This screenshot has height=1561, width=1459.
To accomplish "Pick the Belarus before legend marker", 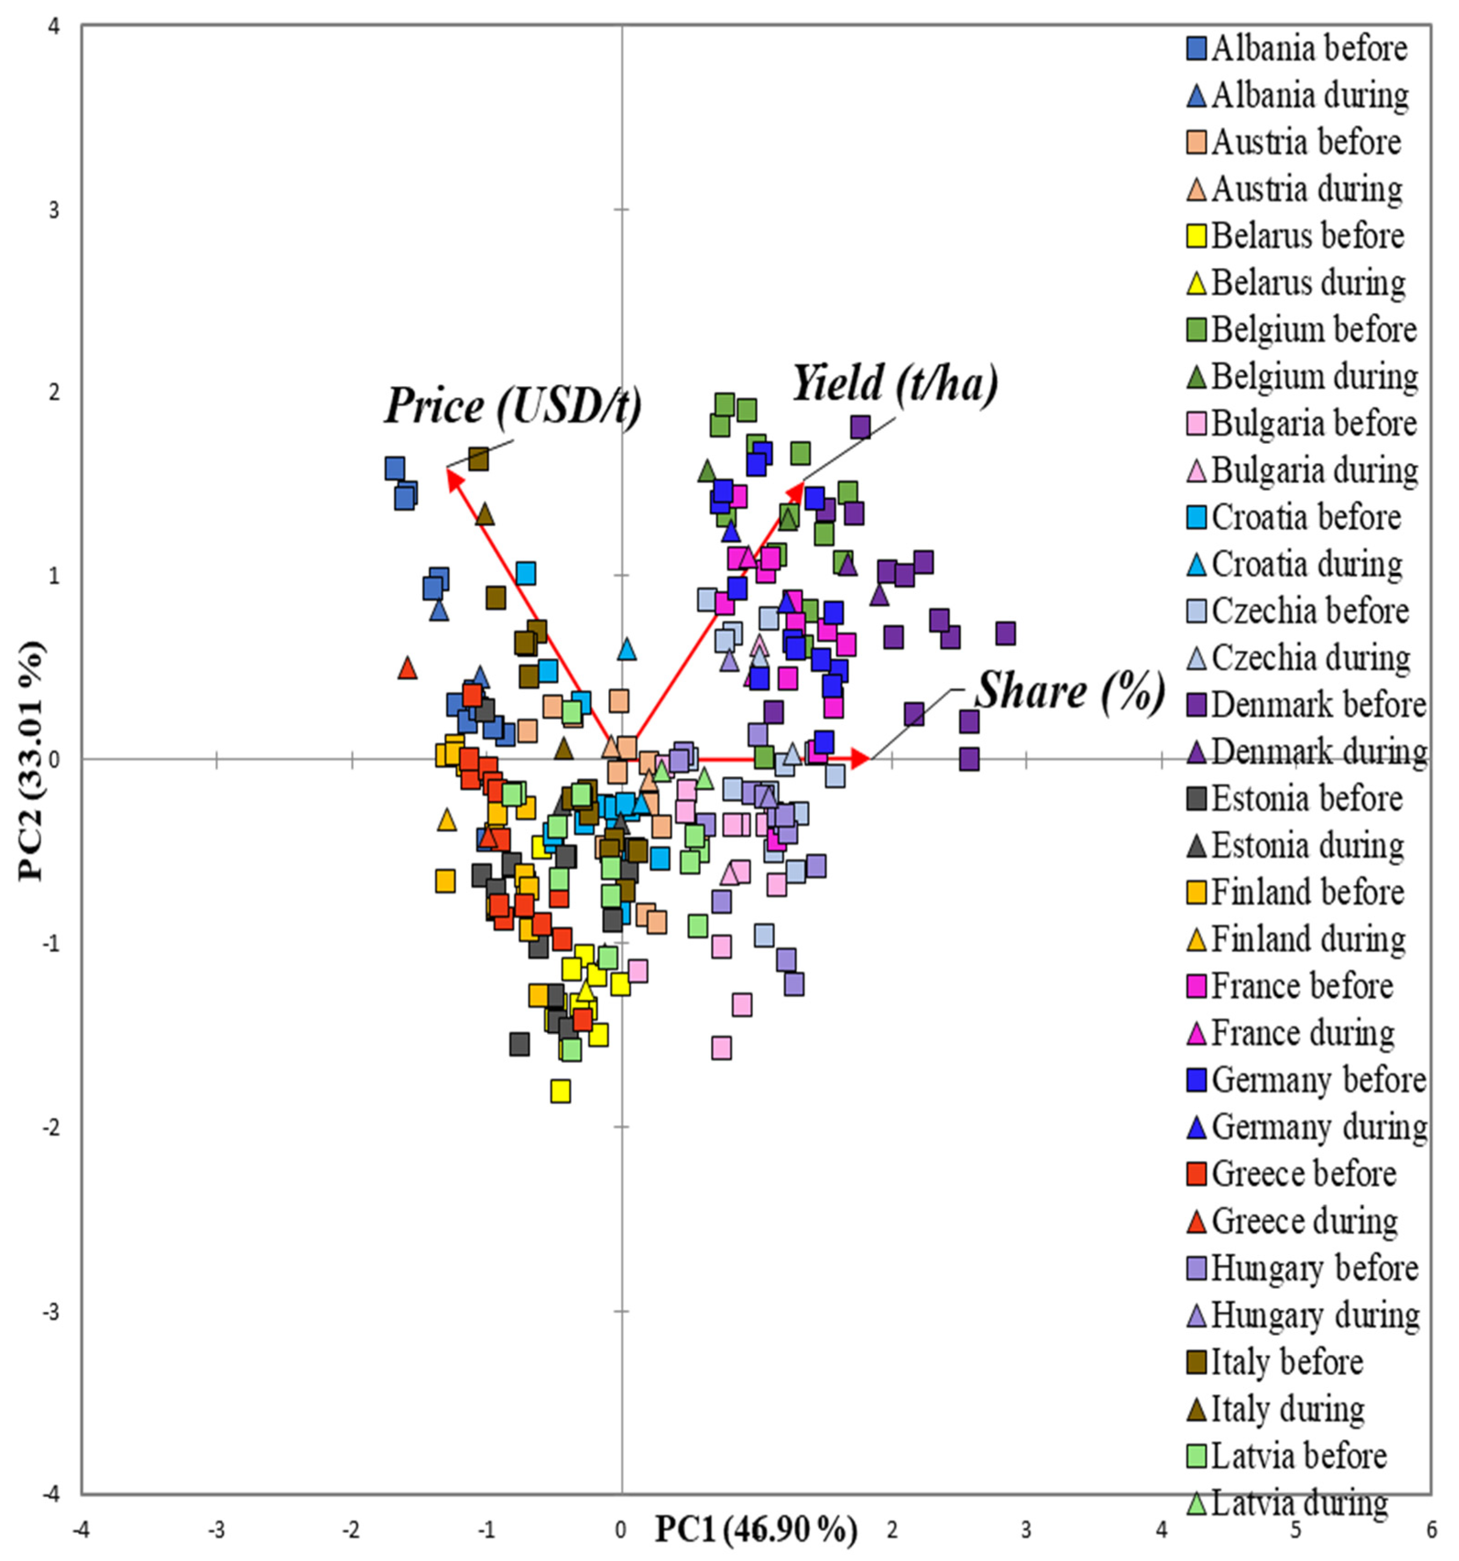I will [1197, 236].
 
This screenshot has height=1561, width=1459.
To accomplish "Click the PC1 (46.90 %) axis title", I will [756, 1529].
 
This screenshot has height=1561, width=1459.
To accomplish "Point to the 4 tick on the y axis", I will [54, 27].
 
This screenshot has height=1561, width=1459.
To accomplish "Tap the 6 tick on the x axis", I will [1431, 1529].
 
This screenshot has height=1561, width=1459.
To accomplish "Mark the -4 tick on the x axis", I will [81, 1529].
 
